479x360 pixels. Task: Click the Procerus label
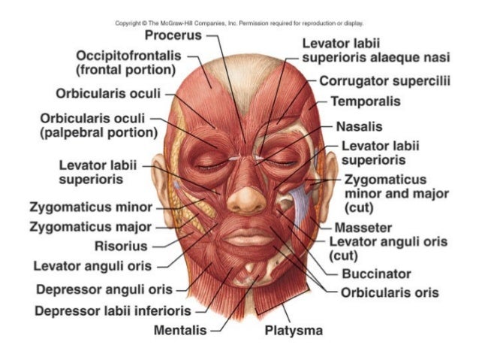click(173, 35)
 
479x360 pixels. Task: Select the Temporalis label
click(364, 101)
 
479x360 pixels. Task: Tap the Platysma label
click(294, 330)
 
